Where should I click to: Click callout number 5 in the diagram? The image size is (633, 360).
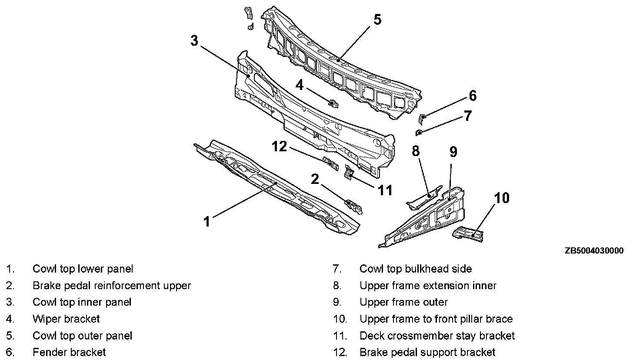377,19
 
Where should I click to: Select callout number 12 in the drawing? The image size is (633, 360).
280,147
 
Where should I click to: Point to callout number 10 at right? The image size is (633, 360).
502,198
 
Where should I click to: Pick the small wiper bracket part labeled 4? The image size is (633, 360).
333,103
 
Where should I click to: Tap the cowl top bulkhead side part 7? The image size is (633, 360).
419,132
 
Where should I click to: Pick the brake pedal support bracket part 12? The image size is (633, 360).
331,163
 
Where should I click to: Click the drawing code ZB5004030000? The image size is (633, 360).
594,251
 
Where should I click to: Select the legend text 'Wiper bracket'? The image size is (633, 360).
66,319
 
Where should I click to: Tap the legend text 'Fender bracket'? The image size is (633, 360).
69,352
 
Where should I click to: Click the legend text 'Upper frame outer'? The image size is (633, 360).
403,302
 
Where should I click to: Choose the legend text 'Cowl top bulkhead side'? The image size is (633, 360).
415,269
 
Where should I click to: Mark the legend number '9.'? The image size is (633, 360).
337,302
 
